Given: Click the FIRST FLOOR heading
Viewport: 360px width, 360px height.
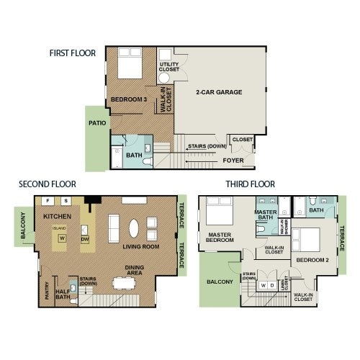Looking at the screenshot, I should pos(73,53).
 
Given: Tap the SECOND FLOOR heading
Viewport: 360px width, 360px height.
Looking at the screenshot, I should pos(48,184).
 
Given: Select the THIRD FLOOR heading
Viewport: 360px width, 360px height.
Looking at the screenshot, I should pos(251,184).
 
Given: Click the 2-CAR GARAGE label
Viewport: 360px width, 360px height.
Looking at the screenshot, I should pos(218,93).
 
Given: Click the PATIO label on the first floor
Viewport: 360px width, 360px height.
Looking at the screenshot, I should pos(98,123).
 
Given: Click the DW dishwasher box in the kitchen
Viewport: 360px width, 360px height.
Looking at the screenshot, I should pos(85,238).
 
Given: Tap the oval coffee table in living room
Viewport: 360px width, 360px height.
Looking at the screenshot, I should pos(135,228).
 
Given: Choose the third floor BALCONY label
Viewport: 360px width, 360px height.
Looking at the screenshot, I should pos(220,282).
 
